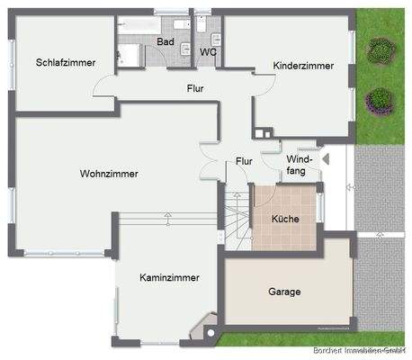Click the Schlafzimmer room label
tap(66, 62)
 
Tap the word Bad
tap(166, 41)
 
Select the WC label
tap(208, 52)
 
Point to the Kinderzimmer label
tap(304, 66)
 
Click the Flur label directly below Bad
tap(195, 88)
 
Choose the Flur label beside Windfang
tap(244, 160)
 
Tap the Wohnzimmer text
tap(109, 174)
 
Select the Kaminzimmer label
tap(169, 278)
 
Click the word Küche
tap(285, 219)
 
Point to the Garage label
tap(284, 292)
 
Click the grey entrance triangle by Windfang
tap(327, 160)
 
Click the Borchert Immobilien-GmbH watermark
tap(359, 350)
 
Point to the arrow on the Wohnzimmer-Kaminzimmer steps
tap(169, 218)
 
